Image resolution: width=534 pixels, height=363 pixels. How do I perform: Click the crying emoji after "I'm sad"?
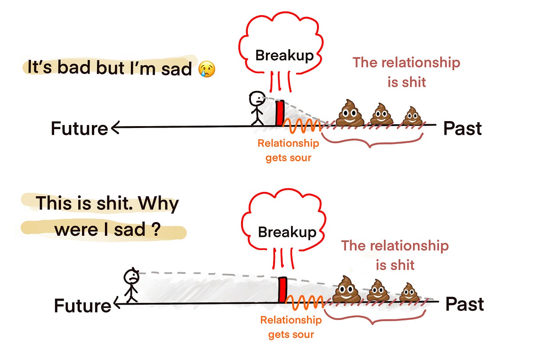pyautogui.click(x=207, y=69)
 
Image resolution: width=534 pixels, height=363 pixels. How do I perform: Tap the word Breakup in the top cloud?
pyautogui.click(x=284, y=56)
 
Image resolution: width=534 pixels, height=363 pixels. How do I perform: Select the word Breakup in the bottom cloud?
pyautogui.click(x=287, y=232)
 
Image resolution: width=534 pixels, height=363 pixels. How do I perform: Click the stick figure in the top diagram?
pyautogui.click(x=257, y=108)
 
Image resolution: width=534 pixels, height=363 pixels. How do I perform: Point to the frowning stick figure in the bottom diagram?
pyautogui.click(x=131, y=285)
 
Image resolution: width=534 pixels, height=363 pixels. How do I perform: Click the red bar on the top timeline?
pyautogui.click(x=280, y=113)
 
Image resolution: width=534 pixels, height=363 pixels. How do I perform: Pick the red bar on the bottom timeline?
pyautogui.click(x=282, y=290)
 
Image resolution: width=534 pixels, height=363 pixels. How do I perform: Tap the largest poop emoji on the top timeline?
pyautogui.click(x=350, y=113)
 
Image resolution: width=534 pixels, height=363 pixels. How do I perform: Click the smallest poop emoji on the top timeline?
pyautogui.click(x=412, y=116)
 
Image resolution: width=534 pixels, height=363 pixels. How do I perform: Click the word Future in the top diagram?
pyautogui.click(x=79, y=129)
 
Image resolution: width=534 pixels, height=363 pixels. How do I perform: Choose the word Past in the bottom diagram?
pyautogui.click(x=465, y=304)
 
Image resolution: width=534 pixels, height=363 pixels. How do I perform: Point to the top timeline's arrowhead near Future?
pyautogui.click(x=115, y=128)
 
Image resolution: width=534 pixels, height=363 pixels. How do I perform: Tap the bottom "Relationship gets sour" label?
pyautogui.click(x=291, y=327)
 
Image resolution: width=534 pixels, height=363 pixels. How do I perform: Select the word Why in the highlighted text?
pyautogui.click(x=158, y=204)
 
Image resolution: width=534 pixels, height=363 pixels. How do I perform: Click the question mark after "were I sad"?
pyautogui.click(x=155, y=230)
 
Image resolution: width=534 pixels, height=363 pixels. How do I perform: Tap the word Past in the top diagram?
pyautogui.click(x=462, y=129)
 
